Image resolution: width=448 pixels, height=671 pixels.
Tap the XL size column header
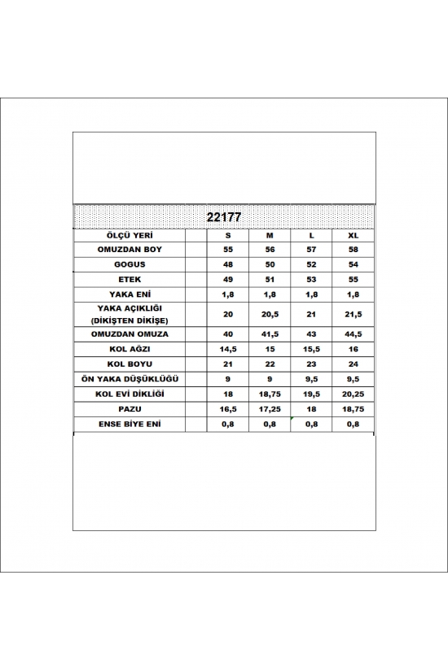[353, 235]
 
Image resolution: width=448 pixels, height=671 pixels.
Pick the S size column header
[228, 235]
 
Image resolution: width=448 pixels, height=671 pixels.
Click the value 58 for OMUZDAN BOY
[353, 250]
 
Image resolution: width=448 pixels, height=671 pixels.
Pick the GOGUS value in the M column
[270, 264]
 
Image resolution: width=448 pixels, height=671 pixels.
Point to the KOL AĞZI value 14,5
[228, 350]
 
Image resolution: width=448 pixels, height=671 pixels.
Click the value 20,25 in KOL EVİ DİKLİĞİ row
[353, 394]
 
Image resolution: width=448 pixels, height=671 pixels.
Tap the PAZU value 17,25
[270, 408]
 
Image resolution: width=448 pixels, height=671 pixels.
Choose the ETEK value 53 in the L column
[311, 279]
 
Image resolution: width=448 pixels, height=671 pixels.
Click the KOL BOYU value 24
[353, 364]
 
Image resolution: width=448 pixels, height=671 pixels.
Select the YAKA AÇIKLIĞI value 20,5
[270, 314]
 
